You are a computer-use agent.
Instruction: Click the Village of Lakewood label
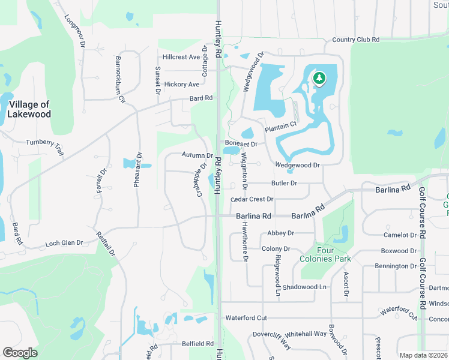(x=29, y=109)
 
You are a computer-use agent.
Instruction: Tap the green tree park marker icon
(x=320, y=78)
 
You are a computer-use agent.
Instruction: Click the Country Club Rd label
(x=356, y=40)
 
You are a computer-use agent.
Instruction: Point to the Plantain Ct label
(x=281, y=124)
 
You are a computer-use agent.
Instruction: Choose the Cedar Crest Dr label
(x=252, y=199)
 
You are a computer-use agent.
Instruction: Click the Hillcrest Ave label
(x=181, y=57)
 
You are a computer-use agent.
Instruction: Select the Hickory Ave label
(x=181, y=85)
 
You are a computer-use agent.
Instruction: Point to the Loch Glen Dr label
(x=64, y=244)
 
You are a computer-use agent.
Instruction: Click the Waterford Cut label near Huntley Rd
(x=246, y=317)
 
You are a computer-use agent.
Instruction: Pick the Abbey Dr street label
(x=281, y=233)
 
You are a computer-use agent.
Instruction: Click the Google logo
(x=20, y=352)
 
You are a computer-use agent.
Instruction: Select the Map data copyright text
(x=423, y=355)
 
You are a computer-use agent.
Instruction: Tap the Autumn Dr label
(x=197, y=155)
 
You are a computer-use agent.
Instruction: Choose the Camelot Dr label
(x=400, y=235)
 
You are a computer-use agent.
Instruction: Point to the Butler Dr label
(x=285, y=183)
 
